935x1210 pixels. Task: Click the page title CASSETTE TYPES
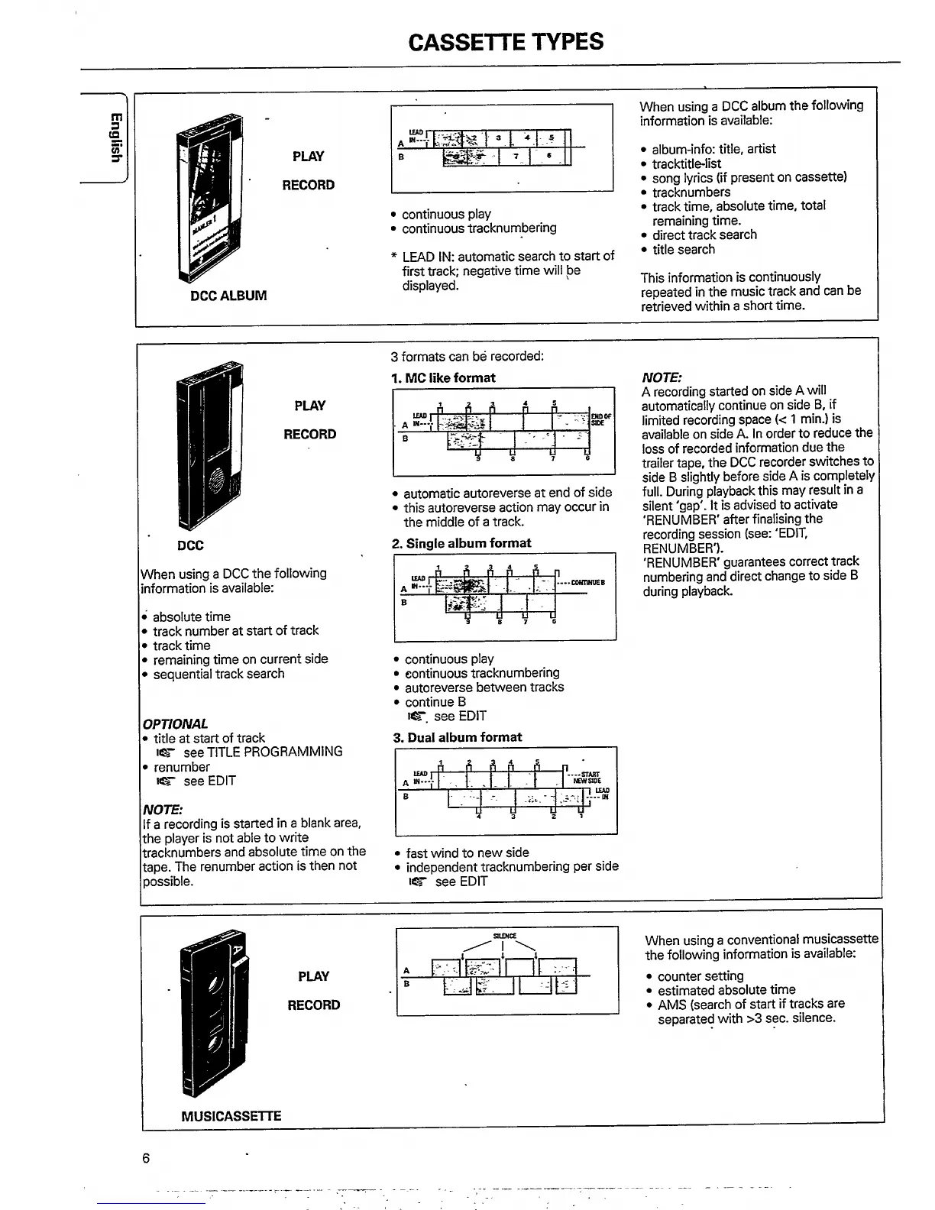506,41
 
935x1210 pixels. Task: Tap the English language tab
115,137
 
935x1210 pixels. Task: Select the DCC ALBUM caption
228,296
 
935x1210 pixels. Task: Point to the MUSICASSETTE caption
231,1116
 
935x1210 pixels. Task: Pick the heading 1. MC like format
443,378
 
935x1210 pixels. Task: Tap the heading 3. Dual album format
458,737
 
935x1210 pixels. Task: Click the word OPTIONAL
175,723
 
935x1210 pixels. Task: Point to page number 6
146,1158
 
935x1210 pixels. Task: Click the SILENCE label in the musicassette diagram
505,936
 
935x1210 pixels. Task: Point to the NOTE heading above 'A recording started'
662,377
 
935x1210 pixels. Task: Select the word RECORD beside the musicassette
313,1005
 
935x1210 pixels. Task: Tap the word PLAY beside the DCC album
308,157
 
